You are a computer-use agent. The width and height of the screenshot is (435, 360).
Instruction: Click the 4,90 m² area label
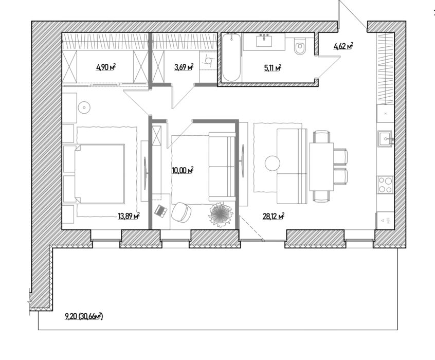pyautogui.click(x=106, y=67)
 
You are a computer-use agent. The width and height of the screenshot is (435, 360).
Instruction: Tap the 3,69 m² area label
pyautogui.click(x=184, y=67)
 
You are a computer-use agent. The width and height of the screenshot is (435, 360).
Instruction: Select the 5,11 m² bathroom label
pyautogui.click(x=273, y=68)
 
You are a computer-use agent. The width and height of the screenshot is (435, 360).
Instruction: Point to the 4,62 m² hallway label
pyautogui.click(x=343, y=46)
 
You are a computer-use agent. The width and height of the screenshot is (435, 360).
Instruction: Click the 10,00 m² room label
pyautogui.click(x=183, y=170)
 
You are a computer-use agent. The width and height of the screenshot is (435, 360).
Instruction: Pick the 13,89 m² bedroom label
pyautogui.click(x=129, y=216)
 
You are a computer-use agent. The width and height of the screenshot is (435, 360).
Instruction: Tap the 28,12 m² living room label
pyautogui.click(x=273, y=216)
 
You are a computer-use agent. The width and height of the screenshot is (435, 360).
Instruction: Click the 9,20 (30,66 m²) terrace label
pyautogui.click(x=84, y=316)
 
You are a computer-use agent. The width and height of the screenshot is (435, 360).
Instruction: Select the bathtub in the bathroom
pyautogui.click(x=232, y=58)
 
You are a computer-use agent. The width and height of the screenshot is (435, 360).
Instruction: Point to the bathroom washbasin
pyautogui.click(x=264, y=42)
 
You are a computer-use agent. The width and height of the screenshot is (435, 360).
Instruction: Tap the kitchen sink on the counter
pyautogui.click(x=386, y=138)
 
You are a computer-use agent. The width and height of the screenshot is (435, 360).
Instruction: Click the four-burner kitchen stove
pyautogui.click(x=385, y=185)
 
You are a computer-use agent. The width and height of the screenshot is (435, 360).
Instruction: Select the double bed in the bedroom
pyautogui.click(x=99, y=174)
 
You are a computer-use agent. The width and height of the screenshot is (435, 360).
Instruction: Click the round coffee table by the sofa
pyautogui.click(x=273, y=163)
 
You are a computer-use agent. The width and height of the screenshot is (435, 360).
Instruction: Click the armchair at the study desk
pyautogui.click(x=181, y=212)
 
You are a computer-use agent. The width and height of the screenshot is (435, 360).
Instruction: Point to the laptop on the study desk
pyautogui.click(x=161, y=211)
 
